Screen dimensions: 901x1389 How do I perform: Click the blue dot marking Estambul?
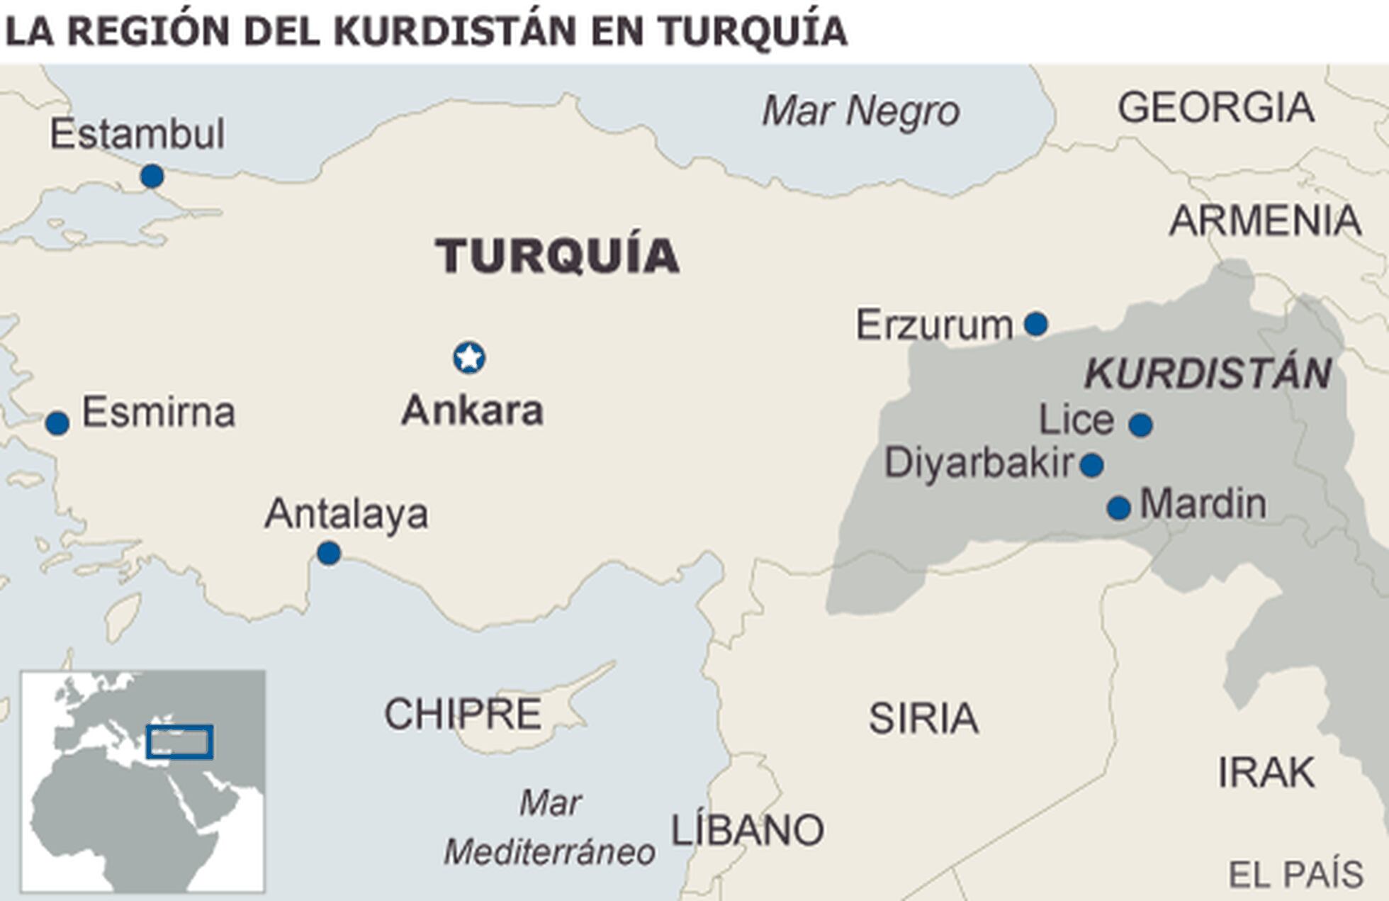coord(152,176)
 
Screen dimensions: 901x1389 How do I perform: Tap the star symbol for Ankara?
coord(469,358)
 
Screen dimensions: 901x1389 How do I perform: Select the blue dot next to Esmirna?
coord(57,423)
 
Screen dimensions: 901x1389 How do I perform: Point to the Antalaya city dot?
coord(328,553)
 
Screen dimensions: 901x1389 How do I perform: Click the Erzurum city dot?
coord(1035,324)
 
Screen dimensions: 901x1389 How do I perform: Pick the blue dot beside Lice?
coord(1140,425)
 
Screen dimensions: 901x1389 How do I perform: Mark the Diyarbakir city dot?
coord(1091,466)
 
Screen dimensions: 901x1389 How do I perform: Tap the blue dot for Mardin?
coord(1118,508)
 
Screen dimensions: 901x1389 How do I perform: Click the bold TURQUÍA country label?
coord(558,255)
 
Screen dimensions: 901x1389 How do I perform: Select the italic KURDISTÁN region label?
coord(1208,374)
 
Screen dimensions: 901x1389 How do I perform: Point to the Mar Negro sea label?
coord(860,111)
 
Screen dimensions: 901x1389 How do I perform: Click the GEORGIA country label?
coord(1216,108)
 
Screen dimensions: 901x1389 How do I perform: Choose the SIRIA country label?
coord(923,718)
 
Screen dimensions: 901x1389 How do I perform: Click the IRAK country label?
coord(1266,772)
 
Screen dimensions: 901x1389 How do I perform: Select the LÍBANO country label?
coord(747,830)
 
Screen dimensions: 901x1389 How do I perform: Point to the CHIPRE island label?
coord(463,714)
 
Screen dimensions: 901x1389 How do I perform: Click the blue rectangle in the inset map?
coord(179,742)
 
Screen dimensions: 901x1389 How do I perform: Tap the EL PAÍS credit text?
coord(1295,874)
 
